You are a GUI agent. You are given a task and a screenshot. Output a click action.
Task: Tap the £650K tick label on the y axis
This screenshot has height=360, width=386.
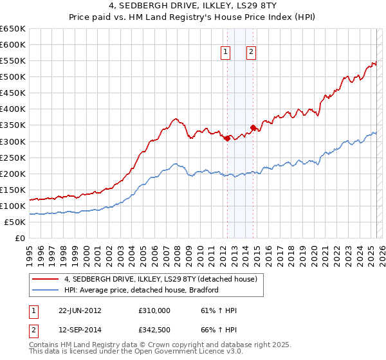(x=13, y=29)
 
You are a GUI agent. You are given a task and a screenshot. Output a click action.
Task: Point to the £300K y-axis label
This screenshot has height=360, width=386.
(x=13, y=141)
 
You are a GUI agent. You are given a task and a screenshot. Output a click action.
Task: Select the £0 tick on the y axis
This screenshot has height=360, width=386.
(x=19, y=238)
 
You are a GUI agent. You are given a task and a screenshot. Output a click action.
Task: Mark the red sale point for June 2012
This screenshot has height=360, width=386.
(x=227, y=138)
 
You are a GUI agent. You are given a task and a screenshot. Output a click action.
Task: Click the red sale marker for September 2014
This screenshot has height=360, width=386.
(x=253, y=127)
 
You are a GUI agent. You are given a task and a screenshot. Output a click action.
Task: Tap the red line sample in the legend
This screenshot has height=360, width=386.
(x=46, y=279)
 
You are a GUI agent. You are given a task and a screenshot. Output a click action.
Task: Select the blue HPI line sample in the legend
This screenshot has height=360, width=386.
(x=46, y=290)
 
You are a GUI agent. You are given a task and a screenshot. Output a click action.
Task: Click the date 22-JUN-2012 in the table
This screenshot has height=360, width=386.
(x=80, y=311)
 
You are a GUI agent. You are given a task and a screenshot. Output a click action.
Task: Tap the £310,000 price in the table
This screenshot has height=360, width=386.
(x=154, y=311)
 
